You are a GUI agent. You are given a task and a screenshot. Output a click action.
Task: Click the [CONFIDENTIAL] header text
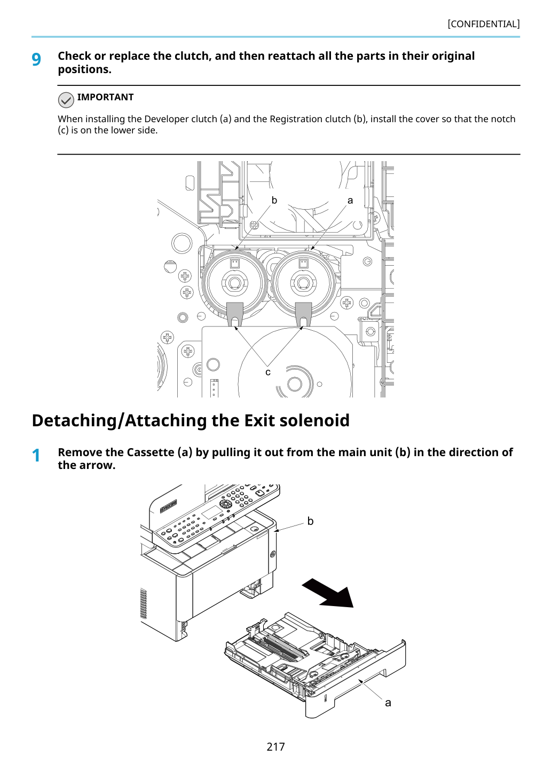[x=483, y=24]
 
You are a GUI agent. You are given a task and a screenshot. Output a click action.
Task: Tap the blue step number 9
[x=36, y=59]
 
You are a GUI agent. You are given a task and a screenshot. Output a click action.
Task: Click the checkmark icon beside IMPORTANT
[x=66, y=100]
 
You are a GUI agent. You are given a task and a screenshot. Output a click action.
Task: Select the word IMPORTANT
[x=105, y=97]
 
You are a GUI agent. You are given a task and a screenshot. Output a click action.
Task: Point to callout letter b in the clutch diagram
[x=274, y=200]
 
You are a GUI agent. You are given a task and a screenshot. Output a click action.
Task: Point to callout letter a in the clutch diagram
[x=350, y=201]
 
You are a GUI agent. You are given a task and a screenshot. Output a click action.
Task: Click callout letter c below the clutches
[x=268, y=372]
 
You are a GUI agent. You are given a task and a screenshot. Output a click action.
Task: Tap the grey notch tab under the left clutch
[x=234, y=313]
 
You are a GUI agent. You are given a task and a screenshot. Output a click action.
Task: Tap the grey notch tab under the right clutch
[x=303, y=313]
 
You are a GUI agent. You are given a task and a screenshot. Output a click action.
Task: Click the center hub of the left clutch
[x=234, y=283]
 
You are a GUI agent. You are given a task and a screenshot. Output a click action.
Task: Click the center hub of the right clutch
[x=303, y=283]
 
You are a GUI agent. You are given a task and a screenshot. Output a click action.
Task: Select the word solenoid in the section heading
[x=314, y=420]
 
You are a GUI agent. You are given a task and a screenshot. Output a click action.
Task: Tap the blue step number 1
[x=36, y=456]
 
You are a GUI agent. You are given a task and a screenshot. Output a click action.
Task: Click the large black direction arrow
[x=328, y=593]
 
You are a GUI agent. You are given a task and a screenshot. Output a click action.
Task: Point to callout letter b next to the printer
[x=310, y=521]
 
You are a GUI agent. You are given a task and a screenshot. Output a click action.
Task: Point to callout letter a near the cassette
[x=388, y=703]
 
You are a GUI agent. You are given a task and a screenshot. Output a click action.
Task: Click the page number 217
[x=275, y=746]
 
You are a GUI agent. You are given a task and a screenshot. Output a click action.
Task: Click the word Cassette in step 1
[x=150, y=452]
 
